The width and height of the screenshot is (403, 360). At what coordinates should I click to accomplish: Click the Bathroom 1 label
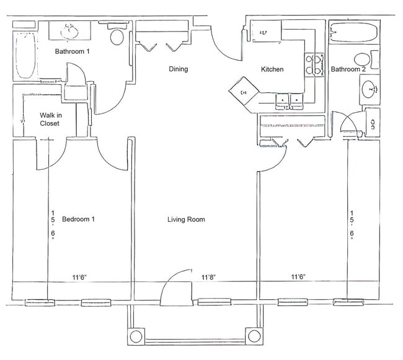tap(73, 51)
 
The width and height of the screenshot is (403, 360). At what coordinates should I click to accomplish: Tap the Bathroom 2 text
tap(348, 69)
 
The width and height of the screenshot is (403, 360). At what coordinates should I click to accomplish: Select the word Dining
tap(178, 69)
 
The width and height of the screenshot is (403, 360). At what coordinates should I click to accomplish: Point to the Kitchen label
tap(272, 69)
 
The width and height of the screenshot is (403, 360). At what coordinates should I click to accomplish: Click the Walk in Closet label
tap(50, 119)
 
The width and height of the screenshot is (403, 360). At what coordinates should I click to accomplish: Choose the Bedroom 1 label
tap(78, 219)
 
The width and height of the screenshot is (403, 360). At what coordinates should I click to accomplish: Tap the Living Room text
tap(186, 219)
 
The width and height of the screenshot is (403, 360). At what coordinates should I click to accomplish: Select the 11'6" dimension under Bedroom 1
tap(78, 277)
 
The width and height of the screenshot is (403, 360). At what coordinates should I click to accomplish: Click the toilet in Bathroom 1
tap(115, 35)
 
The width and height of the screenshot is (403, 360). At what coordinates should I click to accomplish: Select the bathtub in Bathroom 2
tap(350, 32)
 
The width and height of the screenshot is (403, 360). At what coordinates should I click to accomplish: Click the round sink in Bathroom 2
tap(370, 90)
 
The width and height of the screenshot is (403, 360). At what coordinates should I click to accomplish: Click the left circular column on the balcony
tap(136, 336)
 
